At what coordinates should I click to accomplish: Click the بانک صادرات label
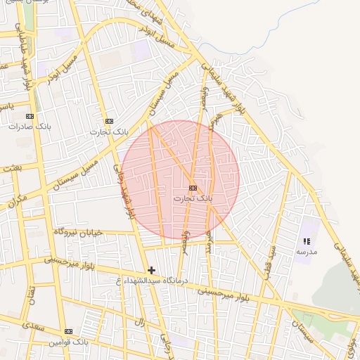27,127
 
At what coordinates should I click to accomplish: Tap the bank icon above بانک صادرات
30,116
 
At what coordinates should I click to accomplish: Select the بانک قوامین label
67,342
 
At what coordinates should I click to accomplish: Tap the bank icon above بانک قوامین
68,331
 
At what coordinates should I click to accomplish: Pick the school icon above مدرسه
307,241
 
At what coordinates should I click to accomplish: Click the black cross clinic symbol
151,270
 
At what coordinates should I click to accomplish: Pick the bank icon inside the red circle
193,188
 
